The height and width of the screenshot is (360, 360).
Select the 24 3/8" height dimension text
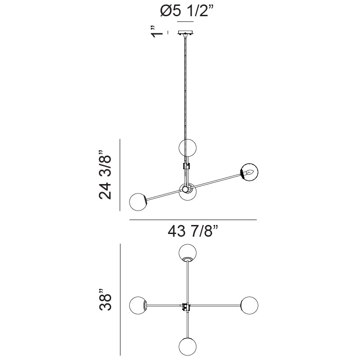[105, 175]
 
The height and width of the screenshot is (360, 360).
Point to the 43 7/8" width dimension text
[193, 231]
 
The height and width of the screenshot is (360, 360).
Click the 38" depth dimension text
[105, 299]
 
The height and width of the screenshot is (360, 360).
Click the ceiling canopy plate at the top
[185, 32]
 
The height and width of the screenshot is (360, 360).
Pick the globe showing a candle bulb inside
[249, 172]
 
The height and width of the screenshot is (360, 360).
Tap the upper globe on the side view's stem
[188, 148]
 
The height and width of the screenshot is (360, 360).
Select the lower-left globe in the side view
[138, 202]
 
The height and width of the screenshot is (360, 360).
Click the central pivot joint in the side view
[185, 189]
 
